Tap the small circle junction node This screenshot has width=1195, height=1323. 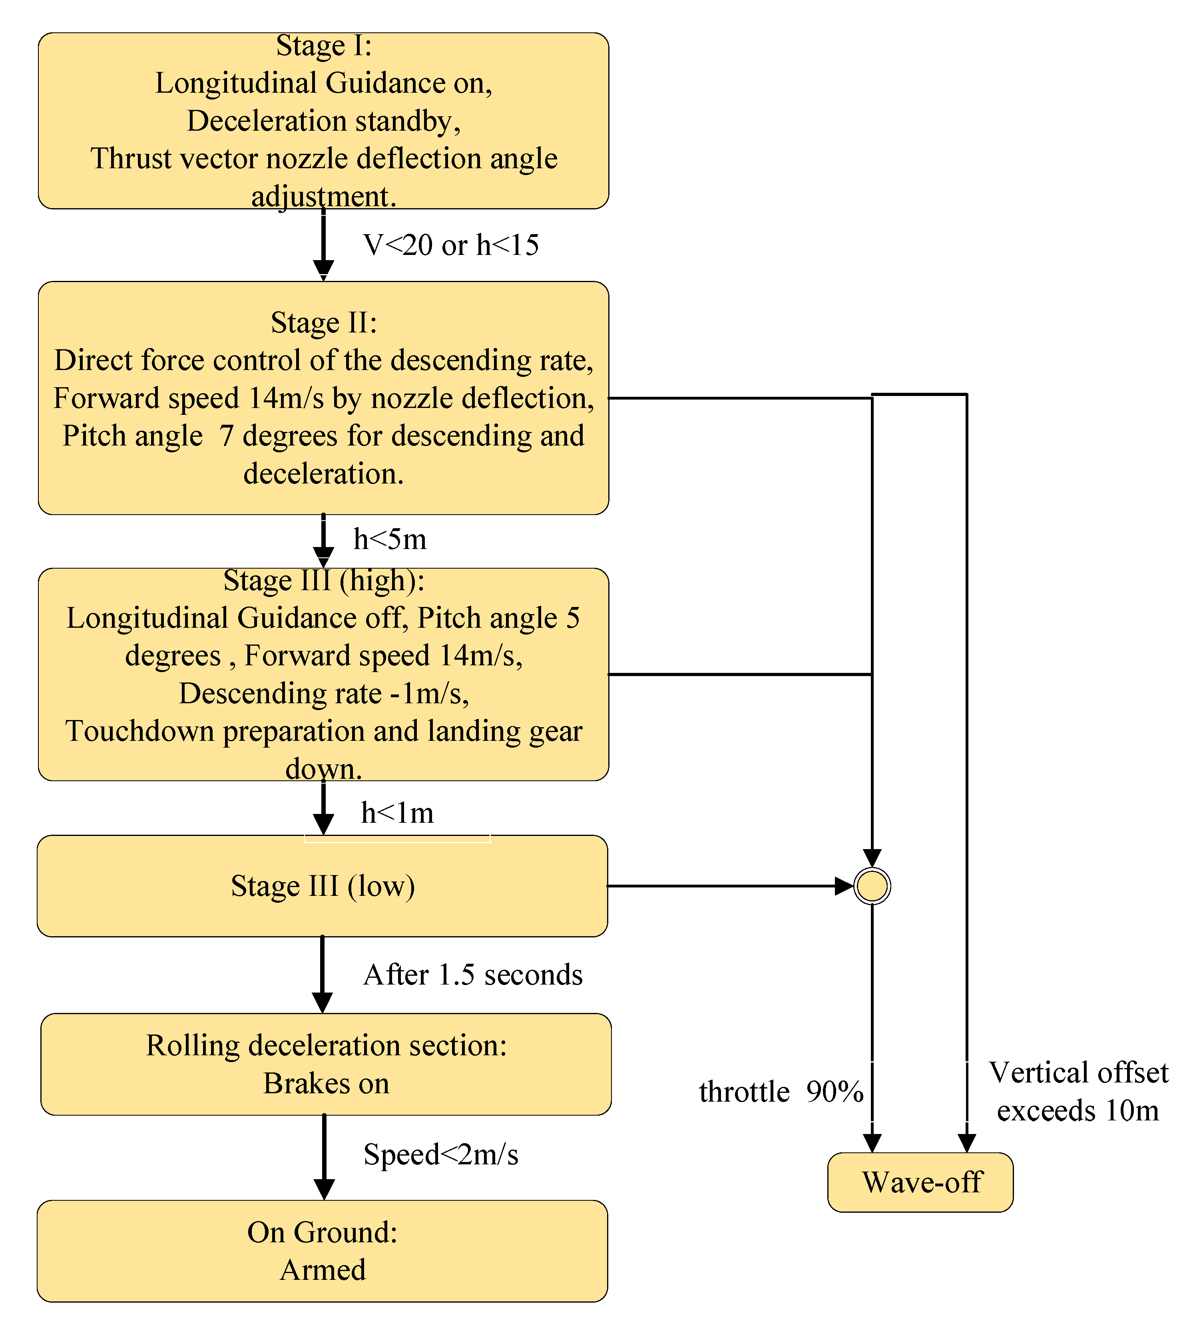pos(872,886)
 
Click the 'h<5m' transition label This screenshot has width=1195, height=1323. pos(390,539)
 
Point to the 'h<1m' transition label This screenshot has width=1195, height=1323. pos(397,813)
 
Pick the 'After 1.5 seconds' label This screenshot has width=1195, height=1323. pos(472,975)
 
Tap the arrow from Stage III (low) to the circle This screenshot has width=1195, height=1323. pos(722,886)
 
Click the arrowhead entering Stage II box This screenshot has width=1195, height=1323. pos(323,269)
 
